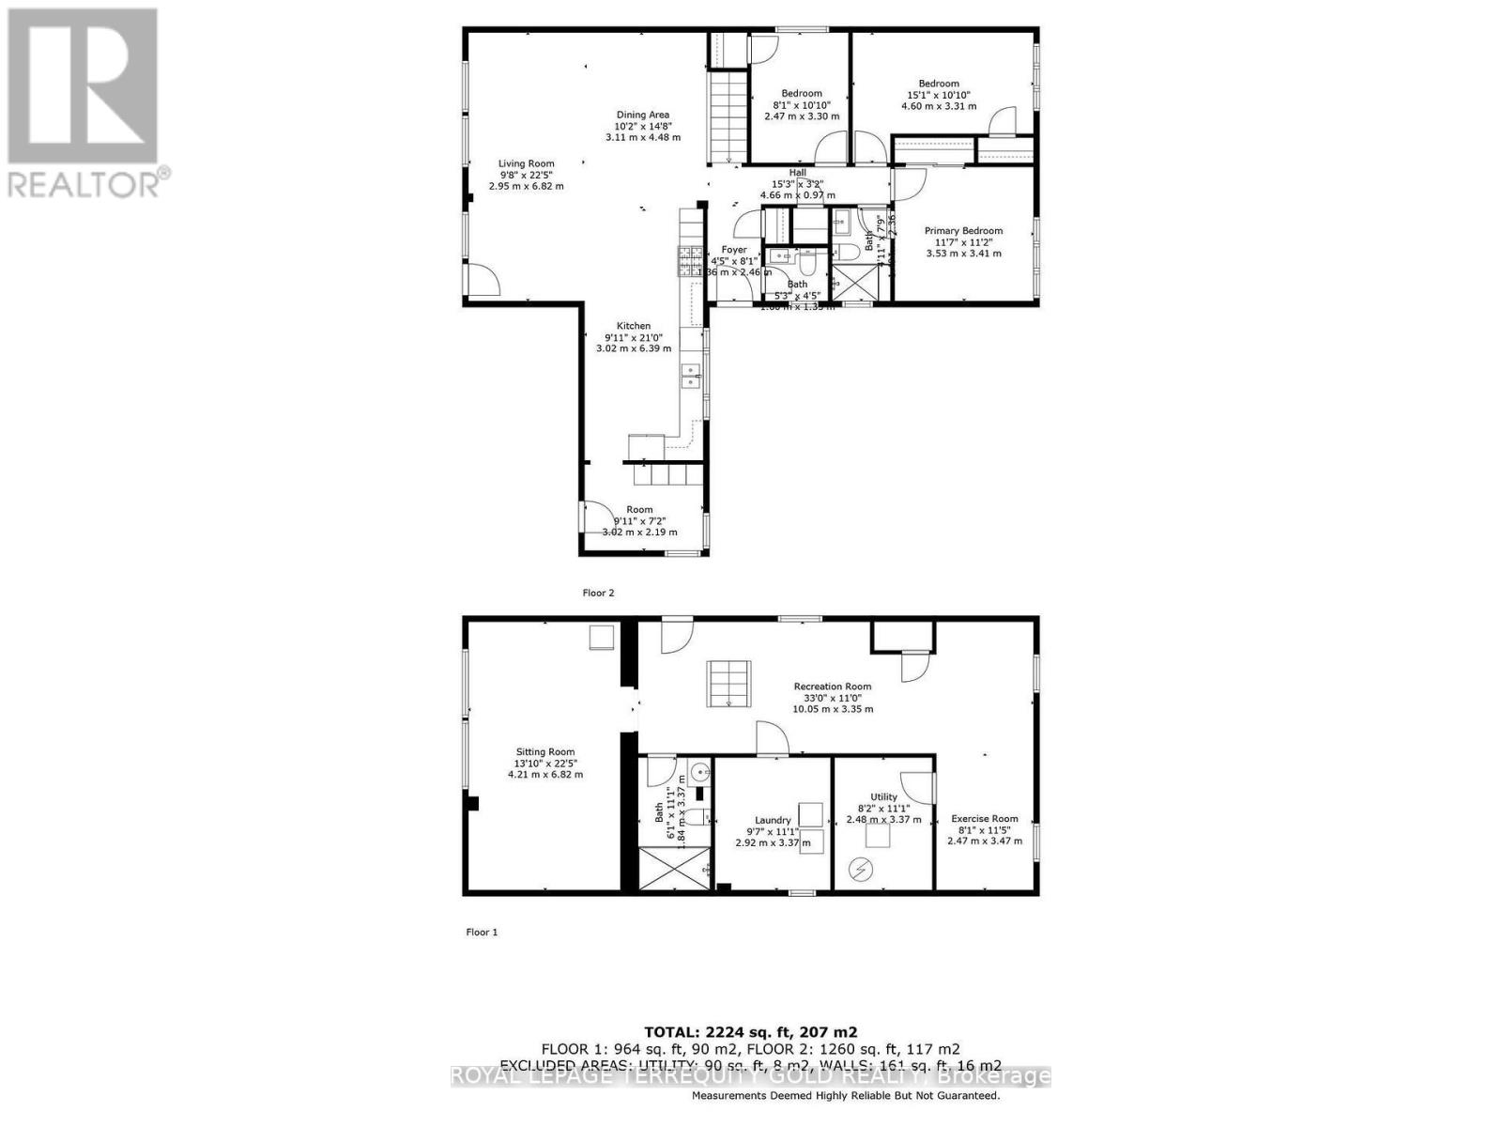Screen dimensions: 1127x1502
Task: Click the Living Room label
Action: (x=526, y=163)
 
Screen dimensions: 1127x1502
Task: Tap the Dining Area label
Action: (x=642, y=115)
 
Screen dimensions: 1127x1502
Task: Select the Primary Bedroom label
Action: (x=963, y=231)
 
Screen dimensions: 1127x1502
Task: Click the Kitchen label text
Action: (x=634, y=326)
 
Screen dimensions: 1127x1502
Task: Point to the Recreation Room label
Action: (x=832, y=687)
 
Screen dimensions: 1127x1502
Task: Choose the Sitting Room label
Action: (x=544, y=751)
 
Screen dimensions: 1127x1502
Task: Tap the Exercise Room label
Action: (x=984, y=818)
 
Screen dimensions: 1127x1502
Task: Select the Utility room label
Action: (x=883, y=796)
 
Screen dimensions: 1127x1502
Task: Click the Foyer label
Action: (x=734, y=250)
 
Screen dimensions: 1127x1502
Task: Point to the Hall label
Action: (x=797, y=173)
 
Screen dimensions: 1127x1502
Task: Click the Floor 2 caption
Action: (x=598, y=593)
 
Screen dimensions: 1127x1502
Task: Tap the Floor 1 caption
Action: (x=482, y=932)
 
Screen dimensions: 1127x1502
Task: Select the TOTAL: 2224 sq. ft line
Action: (x=750, y=1031)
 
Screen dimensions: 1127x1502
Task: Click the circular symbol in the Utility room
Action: (x=860, y=871)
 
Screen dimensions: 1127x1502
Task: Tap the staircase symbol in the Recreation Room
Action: (x=729, y=683)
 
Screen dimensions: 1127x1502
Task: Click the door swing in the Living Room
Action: (x=483, y=280)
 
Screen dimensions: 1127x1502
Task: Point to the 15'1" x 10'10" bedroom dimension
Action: (x=938, y=95)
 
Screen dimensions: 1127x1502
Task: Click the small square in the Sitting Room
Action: (x=601, y=638)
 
